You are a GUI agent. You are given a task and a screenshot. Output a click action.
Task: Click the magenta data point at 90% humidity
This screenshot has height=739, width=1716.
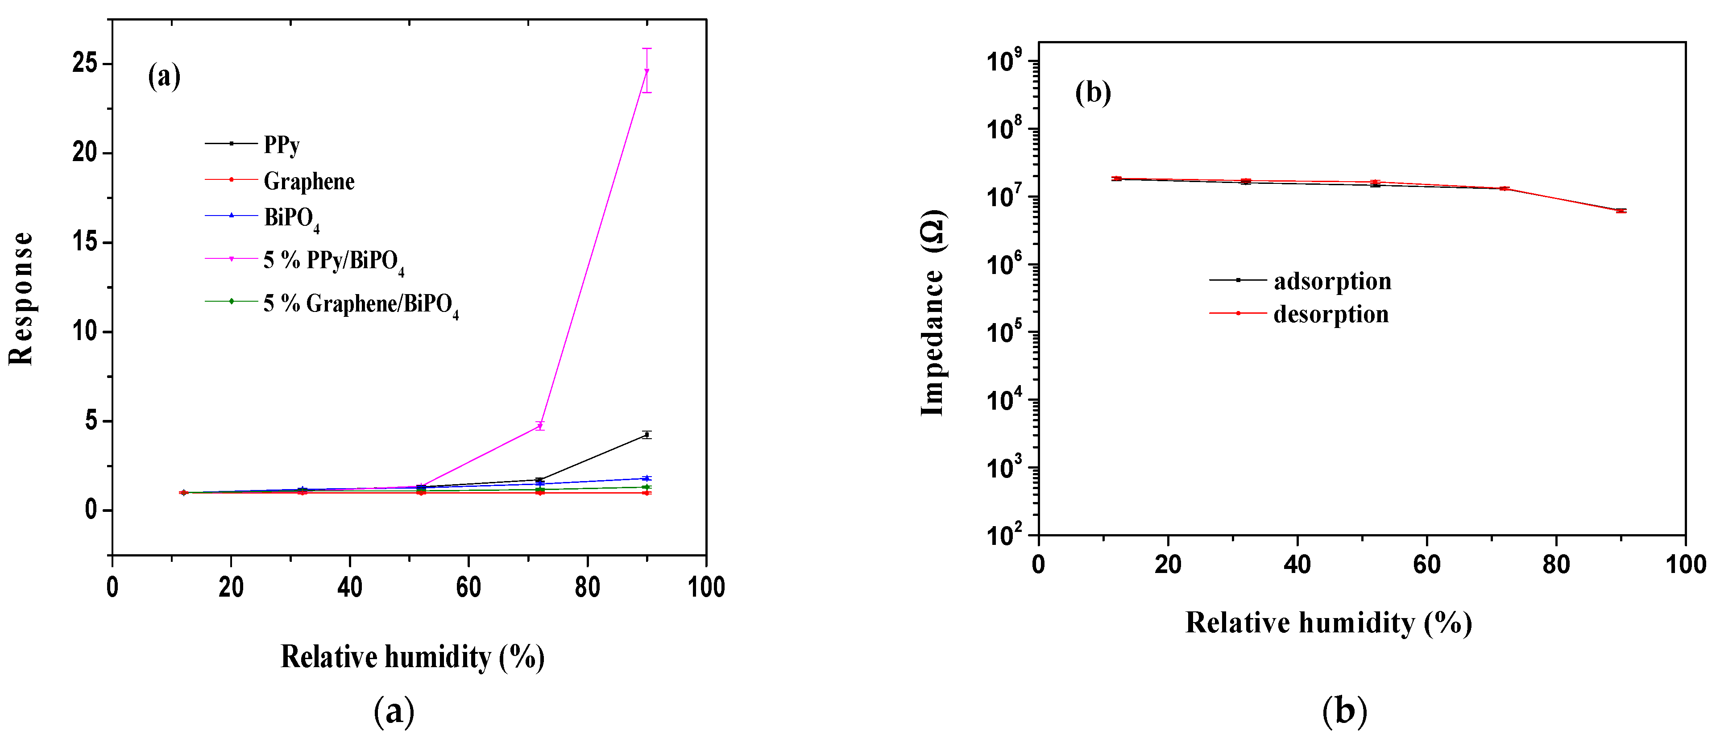[x=646, y=71]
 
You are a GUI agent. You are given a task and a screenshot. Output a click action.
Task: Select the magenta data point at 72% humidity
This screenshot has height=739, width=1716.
[x=540, y=426]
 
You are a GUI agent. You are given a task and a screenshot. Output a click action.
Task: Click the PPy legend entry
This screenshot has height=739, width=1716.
[x=281, y=145]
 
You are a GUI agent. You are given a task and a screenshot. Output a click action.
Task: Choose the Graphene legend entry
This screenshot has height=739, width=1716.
[x=308, y=181]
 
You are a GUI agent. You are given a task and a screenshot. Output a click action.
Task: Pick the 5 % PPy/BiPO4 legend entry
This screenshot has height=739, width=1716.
[x=333, y=261]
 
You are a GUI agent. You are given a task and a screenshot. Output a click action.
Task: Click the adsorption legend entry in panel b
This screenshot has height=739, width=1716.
[x=1332, y=281]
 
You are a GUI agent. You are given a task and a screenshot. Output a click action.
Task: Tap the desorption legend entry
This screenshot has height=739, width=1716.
[x=1331, y=314]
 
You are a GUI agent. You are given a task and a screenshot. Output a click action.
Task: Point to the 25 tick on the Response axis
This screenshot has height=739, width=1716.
[x=85, y=64]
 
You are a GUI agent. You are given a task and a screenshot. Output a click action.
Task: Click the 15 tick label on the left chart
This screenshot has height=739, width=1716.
[x=85, y=242]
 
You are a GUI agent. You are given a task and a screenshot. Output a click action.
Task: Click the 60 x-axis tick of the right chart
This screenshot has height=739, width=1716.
[x=1427, y=565]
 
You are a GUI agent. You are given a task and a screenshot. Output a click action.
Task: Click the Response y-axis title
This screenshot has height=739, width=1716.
[x=21, y=298]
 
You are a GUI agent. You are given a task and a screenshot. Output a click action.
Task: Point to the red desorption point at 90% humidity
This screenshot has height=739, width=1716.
[x=1621, y=211]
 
